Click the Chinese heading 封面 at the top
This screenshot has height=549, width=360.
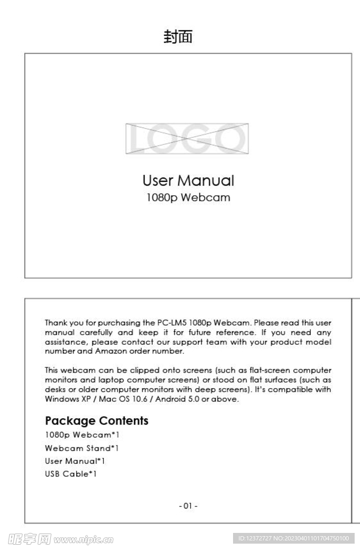178,37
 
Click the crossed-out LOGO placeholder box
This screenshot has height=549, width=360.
187,138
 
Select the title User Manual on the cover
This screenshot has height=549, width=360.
188,180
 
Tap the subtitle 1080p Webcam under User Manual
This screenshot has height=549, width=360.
188,197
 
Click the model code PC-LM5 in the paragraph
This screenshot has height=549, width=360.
171,323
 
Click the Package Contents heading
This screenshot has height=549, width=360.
96,421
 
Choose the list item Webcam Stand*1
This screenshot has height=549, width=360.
82,448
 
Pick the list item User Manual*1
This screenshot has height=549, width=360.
75,461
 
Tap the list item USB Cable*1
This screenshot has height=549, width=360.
71,474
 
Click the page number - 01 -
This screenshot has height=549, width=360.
188,506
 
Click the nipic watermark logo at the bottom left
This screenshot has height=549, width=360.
60,538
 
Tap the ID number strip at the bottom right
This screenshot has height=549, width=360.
294,538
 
